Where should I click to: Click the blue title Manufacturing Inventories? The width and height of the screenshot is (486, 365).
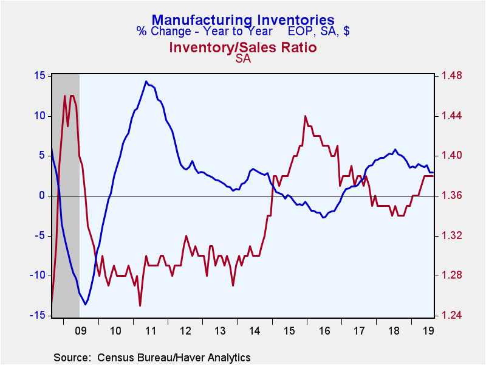[243, 20]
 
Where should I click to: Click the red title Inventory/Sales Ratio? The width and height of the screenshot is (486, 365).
[243, 47]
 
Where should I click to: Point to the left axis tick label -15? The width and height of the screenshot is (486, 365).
[38, 315]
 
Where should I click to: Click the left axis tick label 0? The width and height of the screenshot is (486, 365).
[43, 195]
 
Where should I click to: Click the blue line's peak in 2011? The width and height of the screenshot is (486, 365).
[146, 81]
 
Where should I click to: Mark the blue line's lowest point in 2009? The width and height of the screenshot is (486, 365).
[86, 305]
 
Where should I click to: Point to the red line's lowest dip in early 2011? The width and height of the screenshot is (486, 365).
[140, 305]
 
